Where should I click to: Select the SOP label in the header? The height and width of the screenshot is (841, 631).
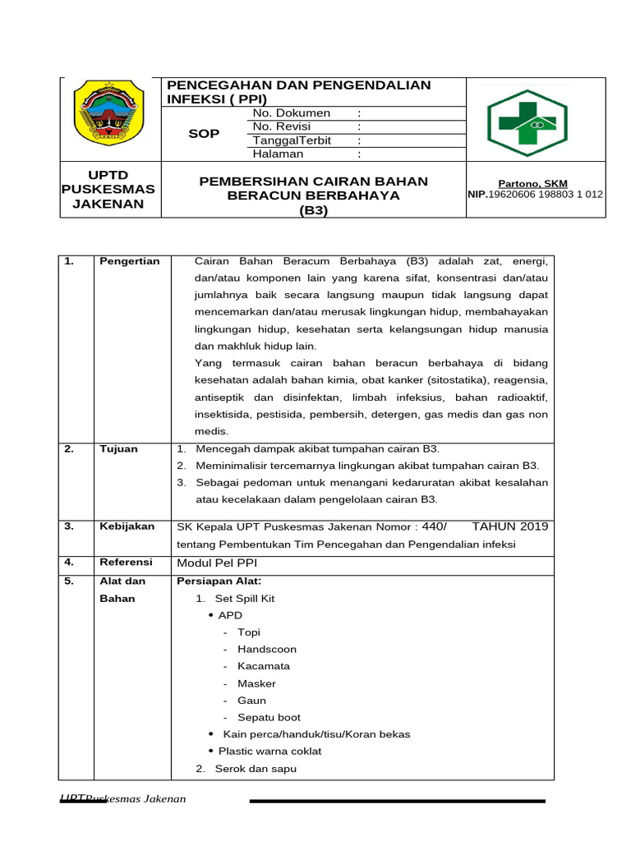[x=204, y=134]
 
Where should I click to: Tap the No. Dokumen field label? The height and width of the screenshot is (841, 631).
[x=292, y=113]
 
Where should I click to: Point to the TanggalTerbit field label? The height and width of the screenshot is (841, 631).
[x=292, y=140]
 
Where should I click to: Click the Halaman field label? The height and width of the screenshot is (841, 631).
[x=278, y=154]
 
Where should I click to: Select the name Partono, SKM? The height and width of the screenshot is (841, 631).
[x=532, y=184]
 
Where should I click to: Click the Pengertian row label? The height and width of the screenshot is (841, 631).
[x=129, y=261]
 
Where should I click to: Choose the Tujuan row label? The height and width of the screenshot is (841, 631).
[x=118, y=448]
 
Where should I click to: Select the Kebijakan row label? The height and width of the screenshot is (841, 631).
[x=127, y=526]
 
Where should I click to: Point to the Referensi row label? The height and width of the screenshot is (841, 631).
[x=126, y=563]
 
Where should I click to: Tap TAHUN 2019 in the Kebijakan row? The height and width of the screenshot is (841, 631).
[x=510, y=526]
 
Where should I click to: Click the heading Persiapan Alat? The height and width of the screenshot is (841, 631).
[x=214, y=581]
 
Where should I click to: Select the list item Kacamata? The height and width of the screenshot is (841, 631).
[x=264, y=666]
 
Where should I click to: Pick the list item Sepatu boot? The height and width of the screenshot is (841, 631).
[x=269, y=717]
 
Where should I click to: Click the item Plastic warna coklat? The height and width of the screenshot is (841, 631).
[x=269, y=751]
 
